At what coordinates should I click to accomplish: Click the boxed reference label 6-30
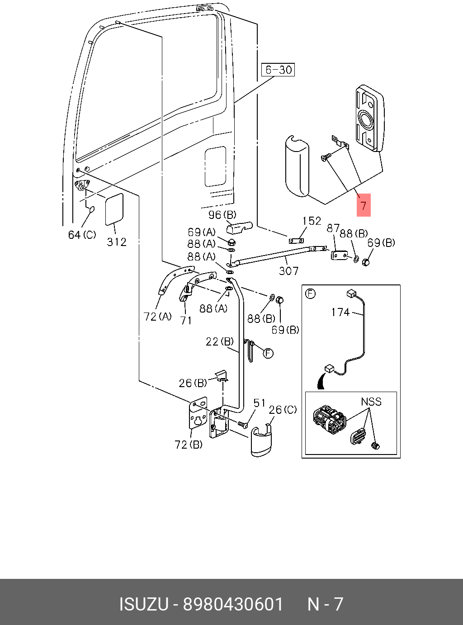click(278, 70)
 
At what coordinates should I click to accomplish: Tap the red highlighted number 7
click(364, 205)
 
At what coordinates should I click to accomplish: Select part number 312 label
click(116, 242)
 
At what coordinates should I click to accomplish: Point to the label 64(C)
click(82, 234)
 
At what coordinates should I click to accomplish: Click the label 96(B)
click(222, 215)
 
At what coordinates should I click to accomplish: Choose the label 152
click(312, 221)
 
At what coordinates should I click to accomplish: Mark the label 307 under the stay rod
click(288, 271)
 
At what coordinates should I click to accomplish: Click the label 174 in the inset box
click(340, 312)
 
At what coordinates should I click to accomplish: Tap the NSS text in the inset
click(371, 402)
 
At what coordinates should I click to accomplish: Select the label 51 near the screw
click(259, 403)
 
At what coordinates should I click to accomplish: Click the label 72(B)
click(189, 445)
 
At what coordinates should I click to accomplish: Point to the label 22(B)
click(220, 341)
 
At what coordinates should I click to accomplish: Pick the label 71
click(186, 321)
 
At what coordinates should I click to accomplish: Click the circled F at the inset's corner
click(310, 294)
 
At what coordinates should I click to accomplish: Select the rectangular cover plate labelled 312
click(114, 209)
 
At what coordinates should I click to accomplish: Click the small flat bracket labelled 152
click(297, 241)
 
